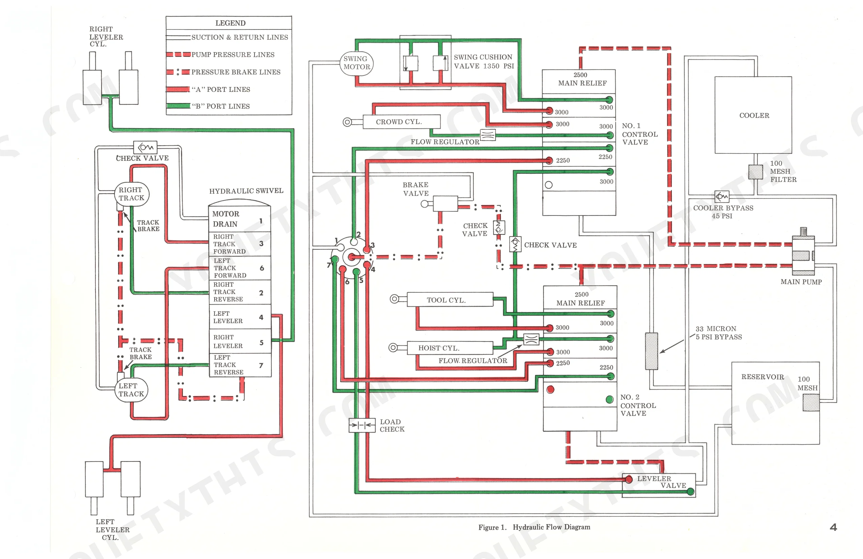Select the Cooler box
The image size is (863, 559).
point(753,115)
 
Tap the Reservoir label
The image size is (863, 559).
point(762,377)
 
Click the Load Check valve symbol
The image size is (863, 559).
point(362,425)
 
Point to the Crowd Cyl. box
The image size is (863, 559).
point(401,122)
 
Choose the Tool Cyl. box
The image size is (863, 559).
point(450,299)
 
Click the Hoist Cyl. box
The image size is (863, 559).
point(450,348)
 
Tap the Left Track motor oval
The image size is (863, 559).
point(131,390)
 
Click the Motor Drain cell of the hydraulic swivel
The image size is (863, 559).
point(240,219)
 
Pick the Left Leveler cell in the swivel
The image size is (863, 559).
point(240,317)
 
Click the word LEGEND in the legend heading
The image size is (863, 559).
point(230,23)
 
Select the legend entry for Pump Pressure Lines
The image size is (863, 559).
point(220,55)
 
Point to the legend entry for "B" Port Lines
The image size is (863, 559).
point(208,106)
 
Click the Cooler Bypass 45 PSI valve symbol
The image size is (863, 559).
point(722,197)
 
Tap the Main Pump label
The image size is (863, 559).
point(801,282)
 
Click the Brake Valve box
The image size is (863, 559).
point(445,204)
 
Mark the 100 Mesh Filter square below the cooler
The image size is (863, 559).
point(756,172)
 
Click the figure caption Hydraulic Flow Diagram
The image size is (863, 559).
point(551,527)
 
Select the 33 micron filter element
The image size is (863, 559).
point(651,351)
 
